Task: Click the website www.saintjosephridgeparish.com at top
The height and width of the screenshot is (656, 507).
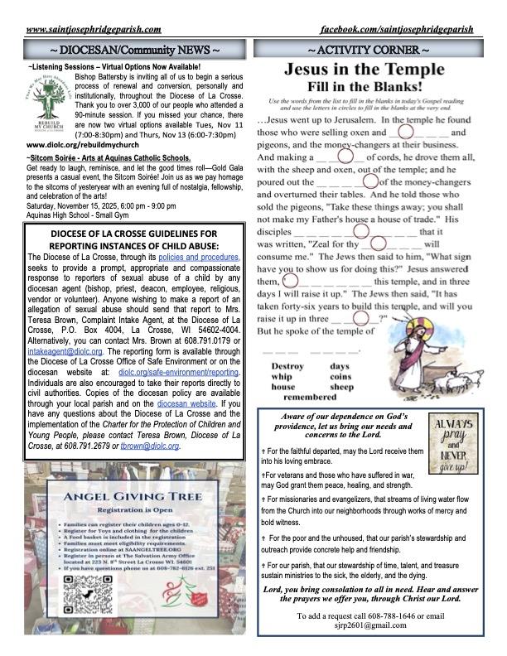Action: coord(94,29)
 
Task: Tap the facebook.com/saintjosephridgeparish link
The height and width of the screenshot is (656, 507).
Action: coord(408,29)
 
